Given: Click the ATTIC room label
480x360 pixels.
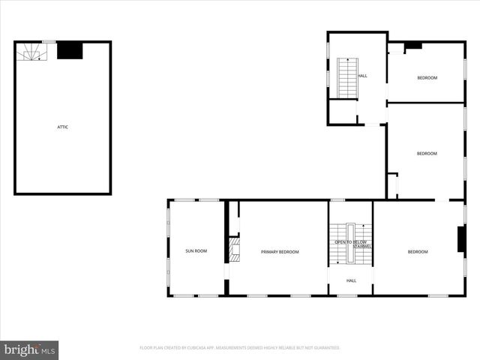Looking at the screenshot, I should pyautogui.click(x=63, y=127).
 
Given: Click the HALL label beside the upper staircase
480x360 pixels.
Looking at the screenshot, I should pyautogui.click(x=363, y=76).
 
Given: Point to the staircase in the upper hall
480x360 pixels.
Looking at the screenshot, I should pyautogui.click(x=347, y=78).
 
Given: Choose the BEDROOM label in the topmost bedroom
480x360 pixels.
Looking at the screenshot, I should pyautogui.click(x=427, y=78).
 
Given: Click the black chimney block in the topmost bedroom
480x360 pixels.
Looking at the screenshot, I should pyautogui.click(x=412, y=46).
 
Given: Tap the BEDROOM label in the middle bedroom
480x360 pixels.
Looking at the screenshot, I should pyautogui.click(x=427, y=154).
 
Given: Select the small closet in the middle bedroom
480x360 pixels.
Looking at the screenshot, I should pyautogui.click(x=392, y=186).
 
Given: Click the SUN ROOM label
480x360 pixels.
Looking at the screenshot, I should pyautogui.click(x=196, y=251).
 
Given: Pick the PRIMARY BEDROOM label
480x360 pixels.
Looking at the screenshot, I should pyautogui.click(x=280, y=252).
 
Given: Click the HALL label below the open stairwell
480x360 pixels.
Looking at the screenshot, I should pyautogui.click(x=351, y=280).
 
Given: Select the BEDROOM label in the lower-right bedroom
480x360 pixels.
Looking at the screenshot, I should pyautogui.click(x=418, y=252).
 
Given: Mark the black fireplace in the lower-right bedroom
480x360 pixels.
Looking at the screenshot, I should pyautogui.click(x=461, y=238).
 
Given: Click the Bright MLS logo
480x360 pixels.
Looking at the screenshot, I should pyautogui.click(x=29, y=350).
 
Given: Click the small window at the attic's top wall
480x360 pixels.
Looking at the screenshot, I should pyautogui.click(x=48, y=42).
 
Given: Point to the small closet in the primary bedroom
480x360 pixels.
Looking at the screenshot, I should pyautogui.click(x=234, y=217).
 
